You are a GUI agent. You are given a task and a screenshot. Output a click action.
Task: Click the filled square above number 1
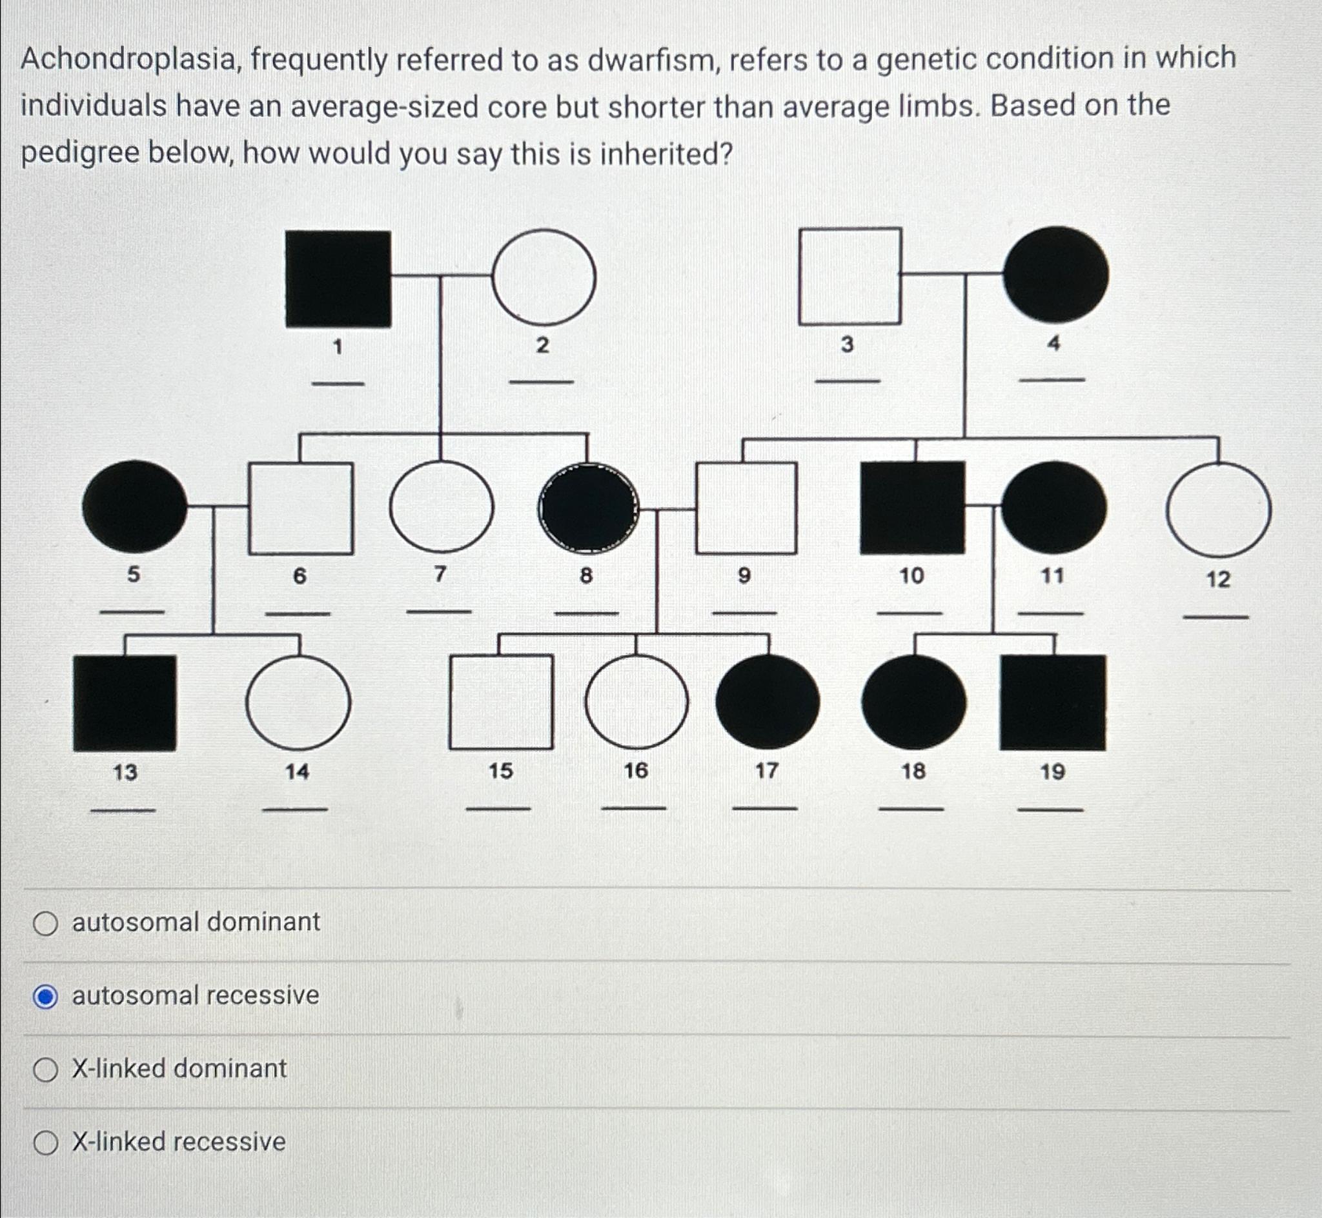(338, 278)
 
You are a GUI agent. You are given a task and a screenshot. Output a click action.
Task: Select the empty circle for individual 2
(544, 277)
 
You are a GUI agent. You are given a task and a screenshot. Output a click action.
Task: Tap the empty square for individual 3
(850, 276)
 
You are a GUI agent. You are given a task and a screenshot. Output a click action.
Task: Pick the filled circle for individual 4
(1055, 275)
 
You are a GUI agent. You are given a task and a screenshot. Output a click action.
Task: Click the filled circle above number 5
(134, 506)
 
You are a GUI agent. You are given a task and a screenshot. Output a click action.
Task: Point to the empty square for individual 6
(301, 508)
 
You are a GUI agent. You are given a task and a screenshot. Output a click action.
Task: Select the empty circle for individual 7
(441, 507)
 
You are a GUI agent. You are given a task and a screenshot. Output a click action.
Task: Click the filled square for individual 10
(912, 507)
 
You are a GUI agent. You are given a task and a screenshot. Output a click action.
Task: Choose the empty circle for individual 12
(1219, 510)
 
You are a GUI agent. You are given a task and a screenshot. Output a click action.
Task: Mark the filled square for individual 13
(125, 703)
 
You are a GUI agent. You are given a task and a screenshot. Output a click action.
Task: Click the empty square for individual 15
(501, 702)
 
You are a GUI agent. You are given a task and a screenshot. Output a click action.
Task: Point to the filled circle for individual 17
(768, 702)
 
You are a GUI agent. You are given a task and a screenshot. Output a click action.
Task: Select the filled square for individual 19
(1052, 703)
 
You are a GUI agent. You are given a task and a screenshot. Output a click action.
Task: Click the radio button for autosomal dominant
(45, 924)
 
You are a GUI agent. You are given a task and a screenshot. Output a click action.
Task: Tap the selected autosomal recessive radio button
(45, 997)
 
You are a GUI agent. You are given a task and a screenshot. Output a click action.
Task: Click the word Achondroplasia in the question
(130, 60)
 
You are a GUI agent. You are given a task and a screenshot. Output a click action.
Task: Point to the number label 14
(297, 771)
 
